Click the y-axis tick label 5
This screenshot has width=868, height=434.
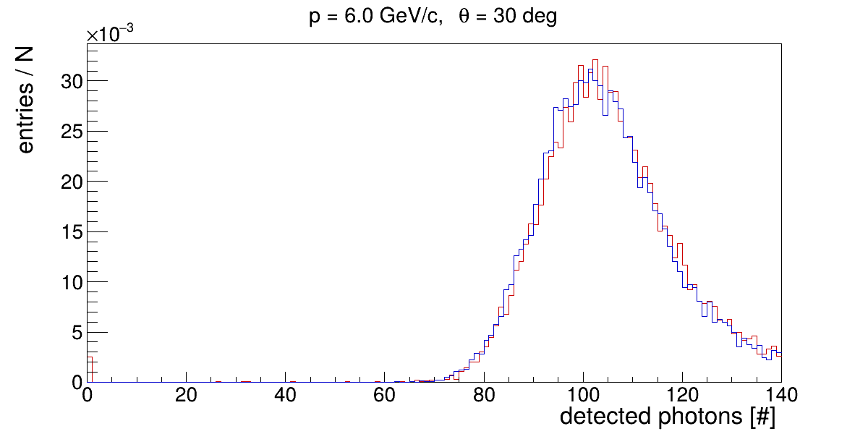[x=72, y=333]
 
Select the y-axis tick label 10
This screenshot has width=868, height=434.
[x=67, y=282]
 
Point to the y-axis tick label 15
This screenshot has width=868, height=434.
[x=67, y=232]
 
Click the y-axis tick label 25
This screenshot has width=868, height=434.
[x=67, y=132]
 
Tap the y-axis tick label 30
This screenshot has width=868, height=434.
[x=67, y=81]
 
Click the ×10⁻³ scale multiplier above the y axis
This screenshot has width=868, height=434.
[x=110, y=35]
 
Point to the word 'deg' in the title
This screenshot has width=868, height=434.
[x=539, y=18]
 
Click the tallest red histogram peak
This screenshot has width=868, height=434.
[x=595, y=60]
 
